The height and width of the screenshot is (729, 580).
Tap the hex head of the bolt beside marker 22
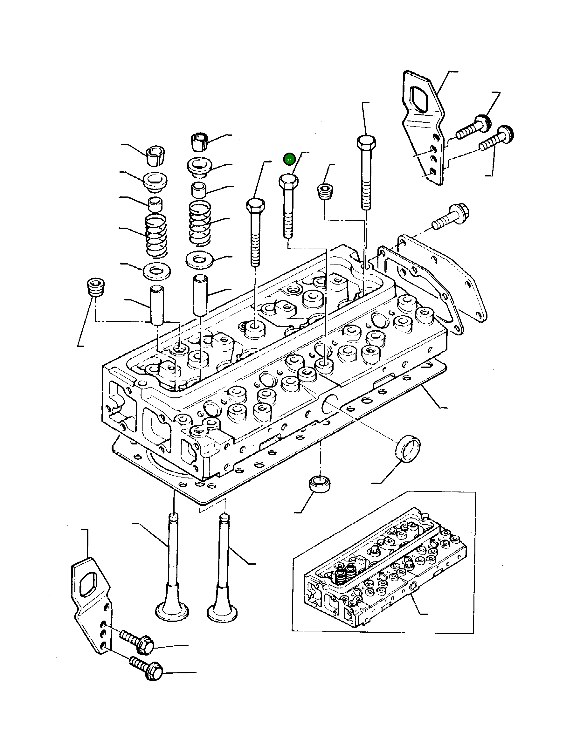(288, 182)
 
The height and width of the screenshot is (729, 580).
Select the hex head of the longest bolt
(366, 143)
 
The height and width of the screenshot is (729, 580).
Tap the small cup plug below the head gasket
(319, 485)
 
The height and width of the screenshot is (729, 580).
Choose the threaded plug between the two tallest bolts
(326, 192)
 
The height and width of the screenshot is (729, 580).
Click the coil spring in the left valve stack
(156, 236)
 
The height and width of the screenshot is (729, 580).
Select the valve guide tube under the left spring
(157, 305)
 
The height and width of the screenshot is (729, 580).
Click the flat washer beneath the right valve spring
(199, 260)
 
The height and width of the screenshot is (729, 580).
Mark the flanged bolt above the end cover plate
(451, 217)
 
